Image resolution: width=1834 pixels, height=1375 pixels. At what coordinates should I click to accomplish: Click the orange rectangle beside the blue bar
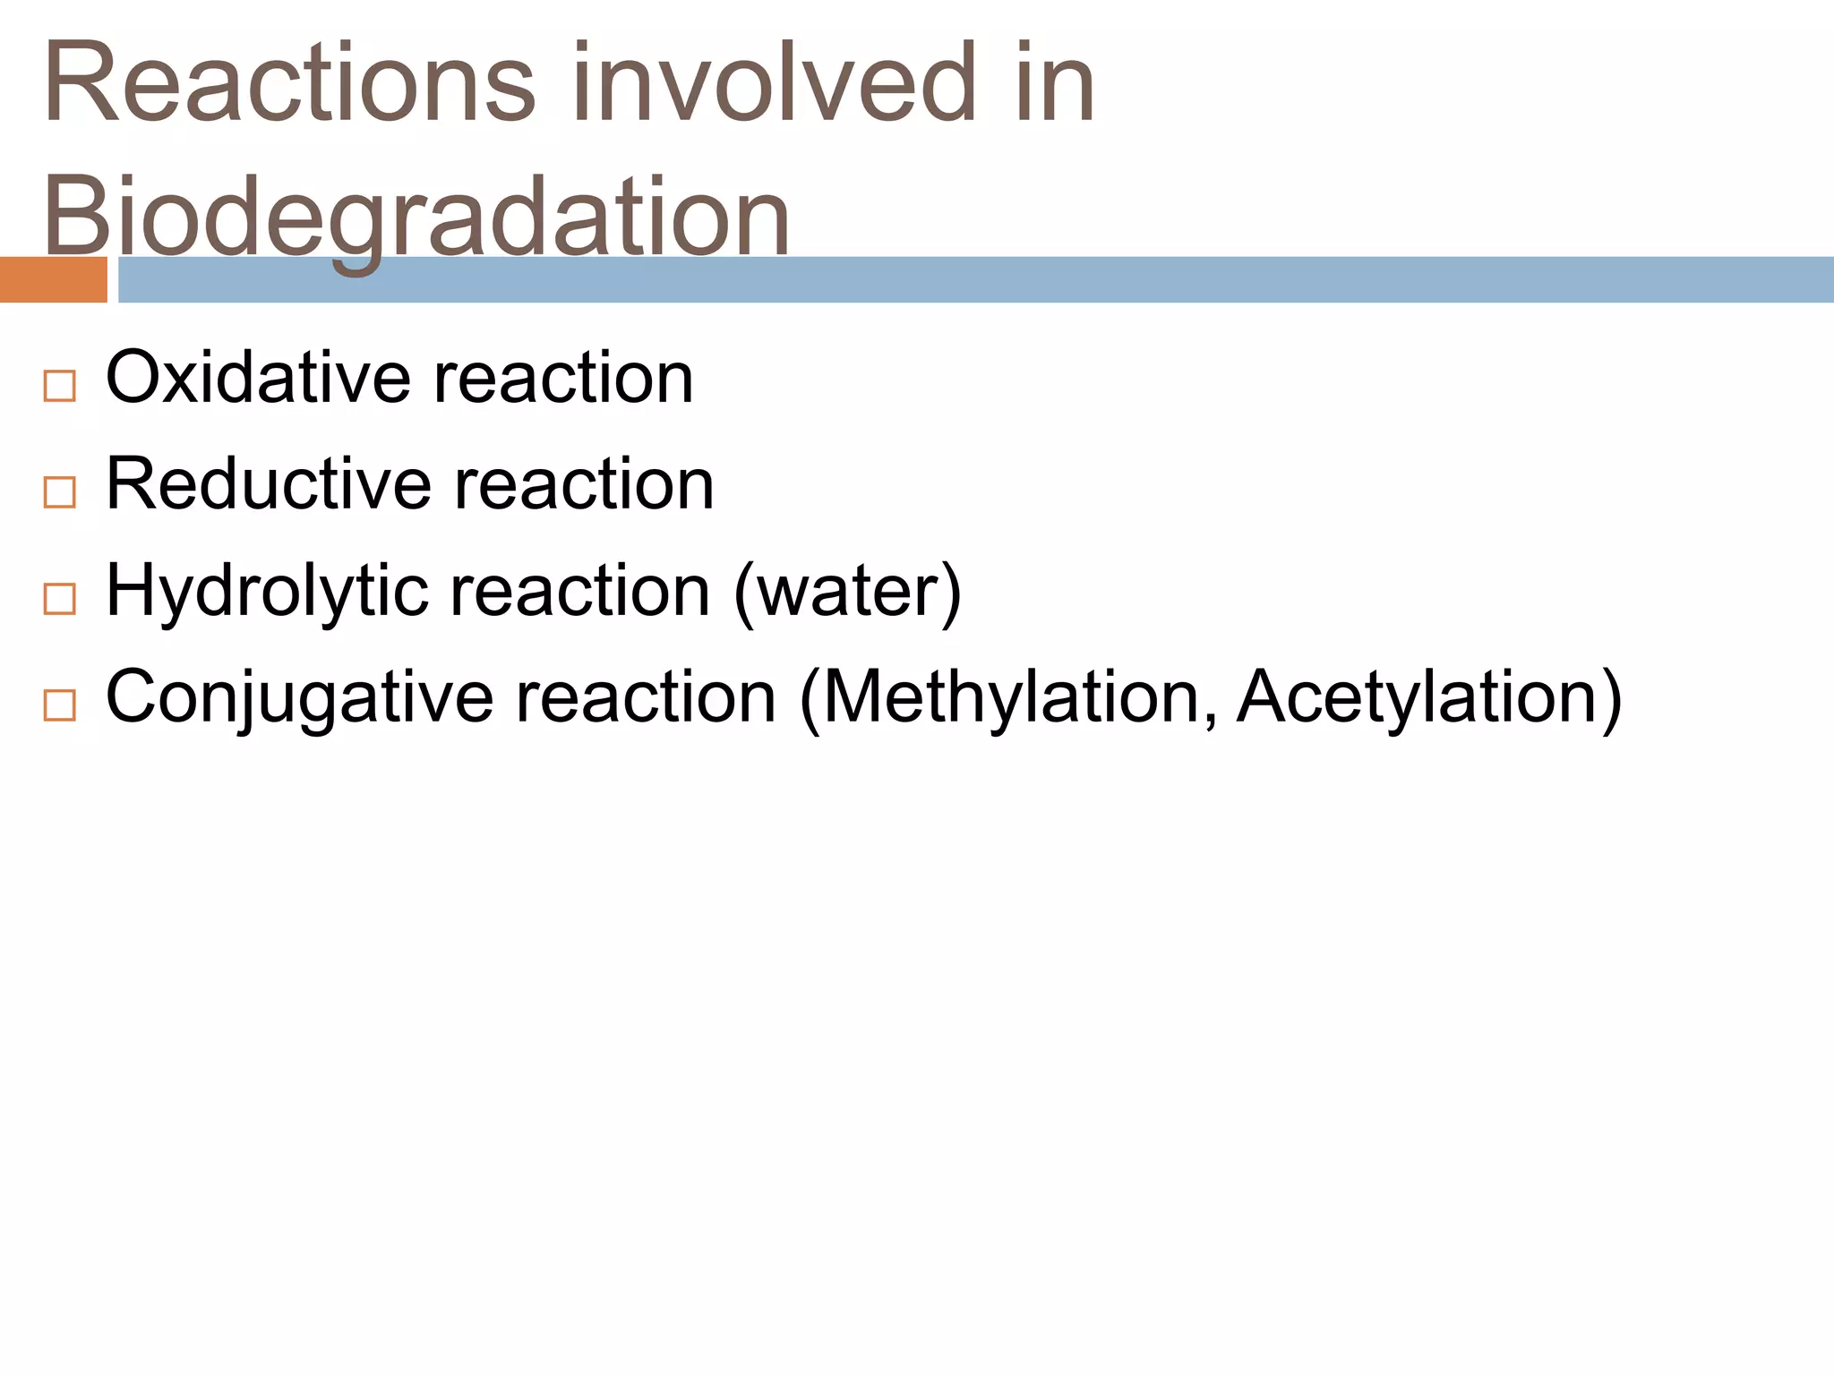click(x=53, y=280)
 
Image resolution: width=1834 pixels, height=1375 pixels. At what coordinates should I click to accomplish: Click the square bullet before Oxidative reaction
click(x=59, y=387)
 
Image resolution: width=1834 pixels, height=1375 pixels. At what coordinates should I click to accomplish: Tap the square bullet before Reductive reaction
click(x=59, y=492)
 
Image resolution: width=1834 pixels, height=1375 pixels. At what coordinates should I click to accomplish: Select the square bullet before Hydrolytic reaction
click(x=59, y=599)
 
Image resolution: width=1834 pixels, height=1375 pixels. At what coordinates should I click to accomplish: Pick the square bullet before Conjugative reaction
click(x=59, y=705)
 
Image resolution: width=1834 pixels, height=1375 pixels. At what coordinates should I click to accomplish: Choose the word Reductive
click(x=269, y=484)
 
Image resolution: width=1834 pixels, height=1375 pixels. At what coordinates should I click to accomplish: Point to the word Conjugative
click(x=299, y=698)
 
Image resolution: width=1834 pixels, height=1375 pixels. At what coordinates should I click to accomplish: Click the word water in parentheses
click(x=847, y=591)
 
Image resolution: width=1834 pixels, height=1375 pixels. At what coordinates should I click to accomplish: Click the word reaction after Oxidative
click(x=563, y=378)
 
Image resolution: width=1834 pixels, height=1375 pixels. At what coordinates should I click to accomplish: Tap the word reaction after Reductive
click(x=584, y=484)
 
